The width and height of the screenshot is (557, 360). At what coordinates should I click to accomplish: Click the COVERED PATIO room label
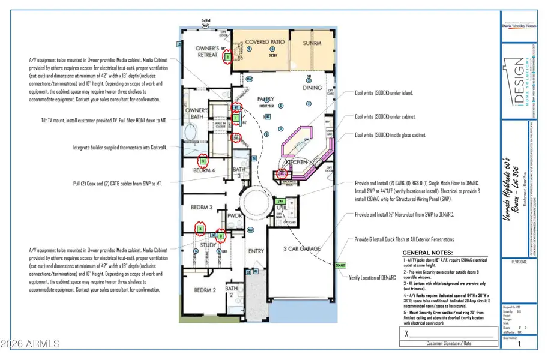265,42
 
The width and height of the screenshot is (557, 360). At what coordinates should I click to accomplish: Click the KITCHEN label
297,162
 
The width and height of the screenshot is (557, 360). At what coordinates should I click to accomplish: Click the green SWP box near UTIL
280,201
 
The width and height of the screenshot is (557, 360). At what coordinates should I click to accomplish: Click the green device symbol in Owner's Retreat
227,57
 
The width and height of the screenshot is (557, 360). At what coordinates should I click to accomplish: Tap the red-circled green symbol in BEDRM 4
203,161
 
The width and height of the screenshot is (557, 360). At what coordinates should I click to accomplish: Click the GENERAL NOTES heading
427,253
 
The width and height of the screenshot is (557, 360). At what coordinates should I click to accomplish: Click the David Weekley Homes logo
519,25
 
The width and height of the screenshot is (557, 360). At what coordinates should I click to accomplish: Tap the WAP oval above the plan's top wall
205,26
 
